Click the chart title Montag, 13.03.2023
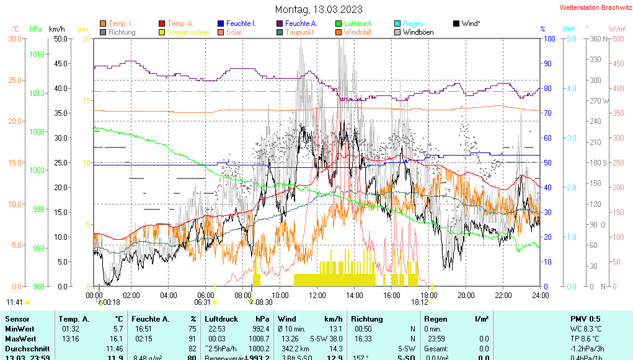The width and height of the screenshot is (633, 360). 319,9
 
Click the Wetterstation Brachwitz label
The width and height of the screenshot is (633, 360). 595,7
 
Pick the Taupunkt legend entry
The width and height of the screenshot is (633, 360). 299,32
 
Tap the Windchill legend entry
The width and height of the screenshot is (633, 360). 357,32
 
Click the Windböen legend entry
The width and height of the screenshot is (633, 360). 418,32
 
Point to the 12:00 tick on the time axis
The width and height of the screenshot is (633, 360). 317,295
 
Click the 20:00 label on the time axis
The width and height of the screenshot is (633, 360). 466,295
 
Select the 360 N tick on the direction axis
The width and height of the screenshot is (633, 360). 596,39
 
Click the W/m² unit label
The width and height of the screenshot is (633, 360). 616,29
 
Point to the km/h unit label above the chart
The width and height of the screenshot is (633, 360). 57,29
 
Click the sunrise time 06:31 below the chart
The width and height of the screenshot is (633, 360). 203,302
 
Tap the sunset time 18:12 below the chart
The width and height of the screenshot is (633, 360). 420,302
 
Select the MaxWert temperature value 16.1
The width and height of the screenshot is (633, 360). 117,339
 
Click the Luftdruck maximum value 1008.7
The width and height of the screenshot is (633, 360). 259,339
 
